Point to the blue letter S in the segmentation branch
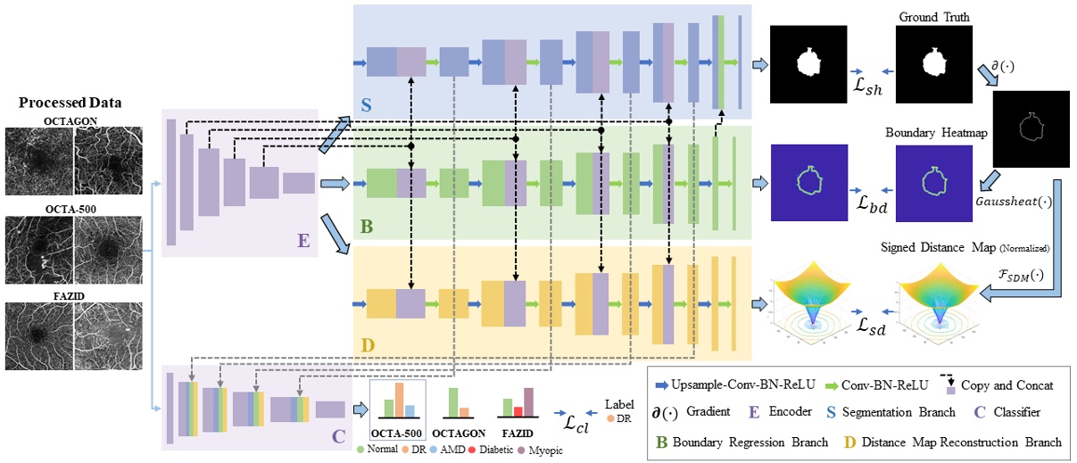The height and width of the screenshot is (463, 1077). [x=365, y=104]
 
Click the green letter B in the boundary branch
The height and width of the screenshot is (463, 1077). [x=365, y=226]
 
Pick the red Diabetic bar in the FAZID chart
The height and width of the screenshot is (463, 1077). [x=518, y=410]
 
